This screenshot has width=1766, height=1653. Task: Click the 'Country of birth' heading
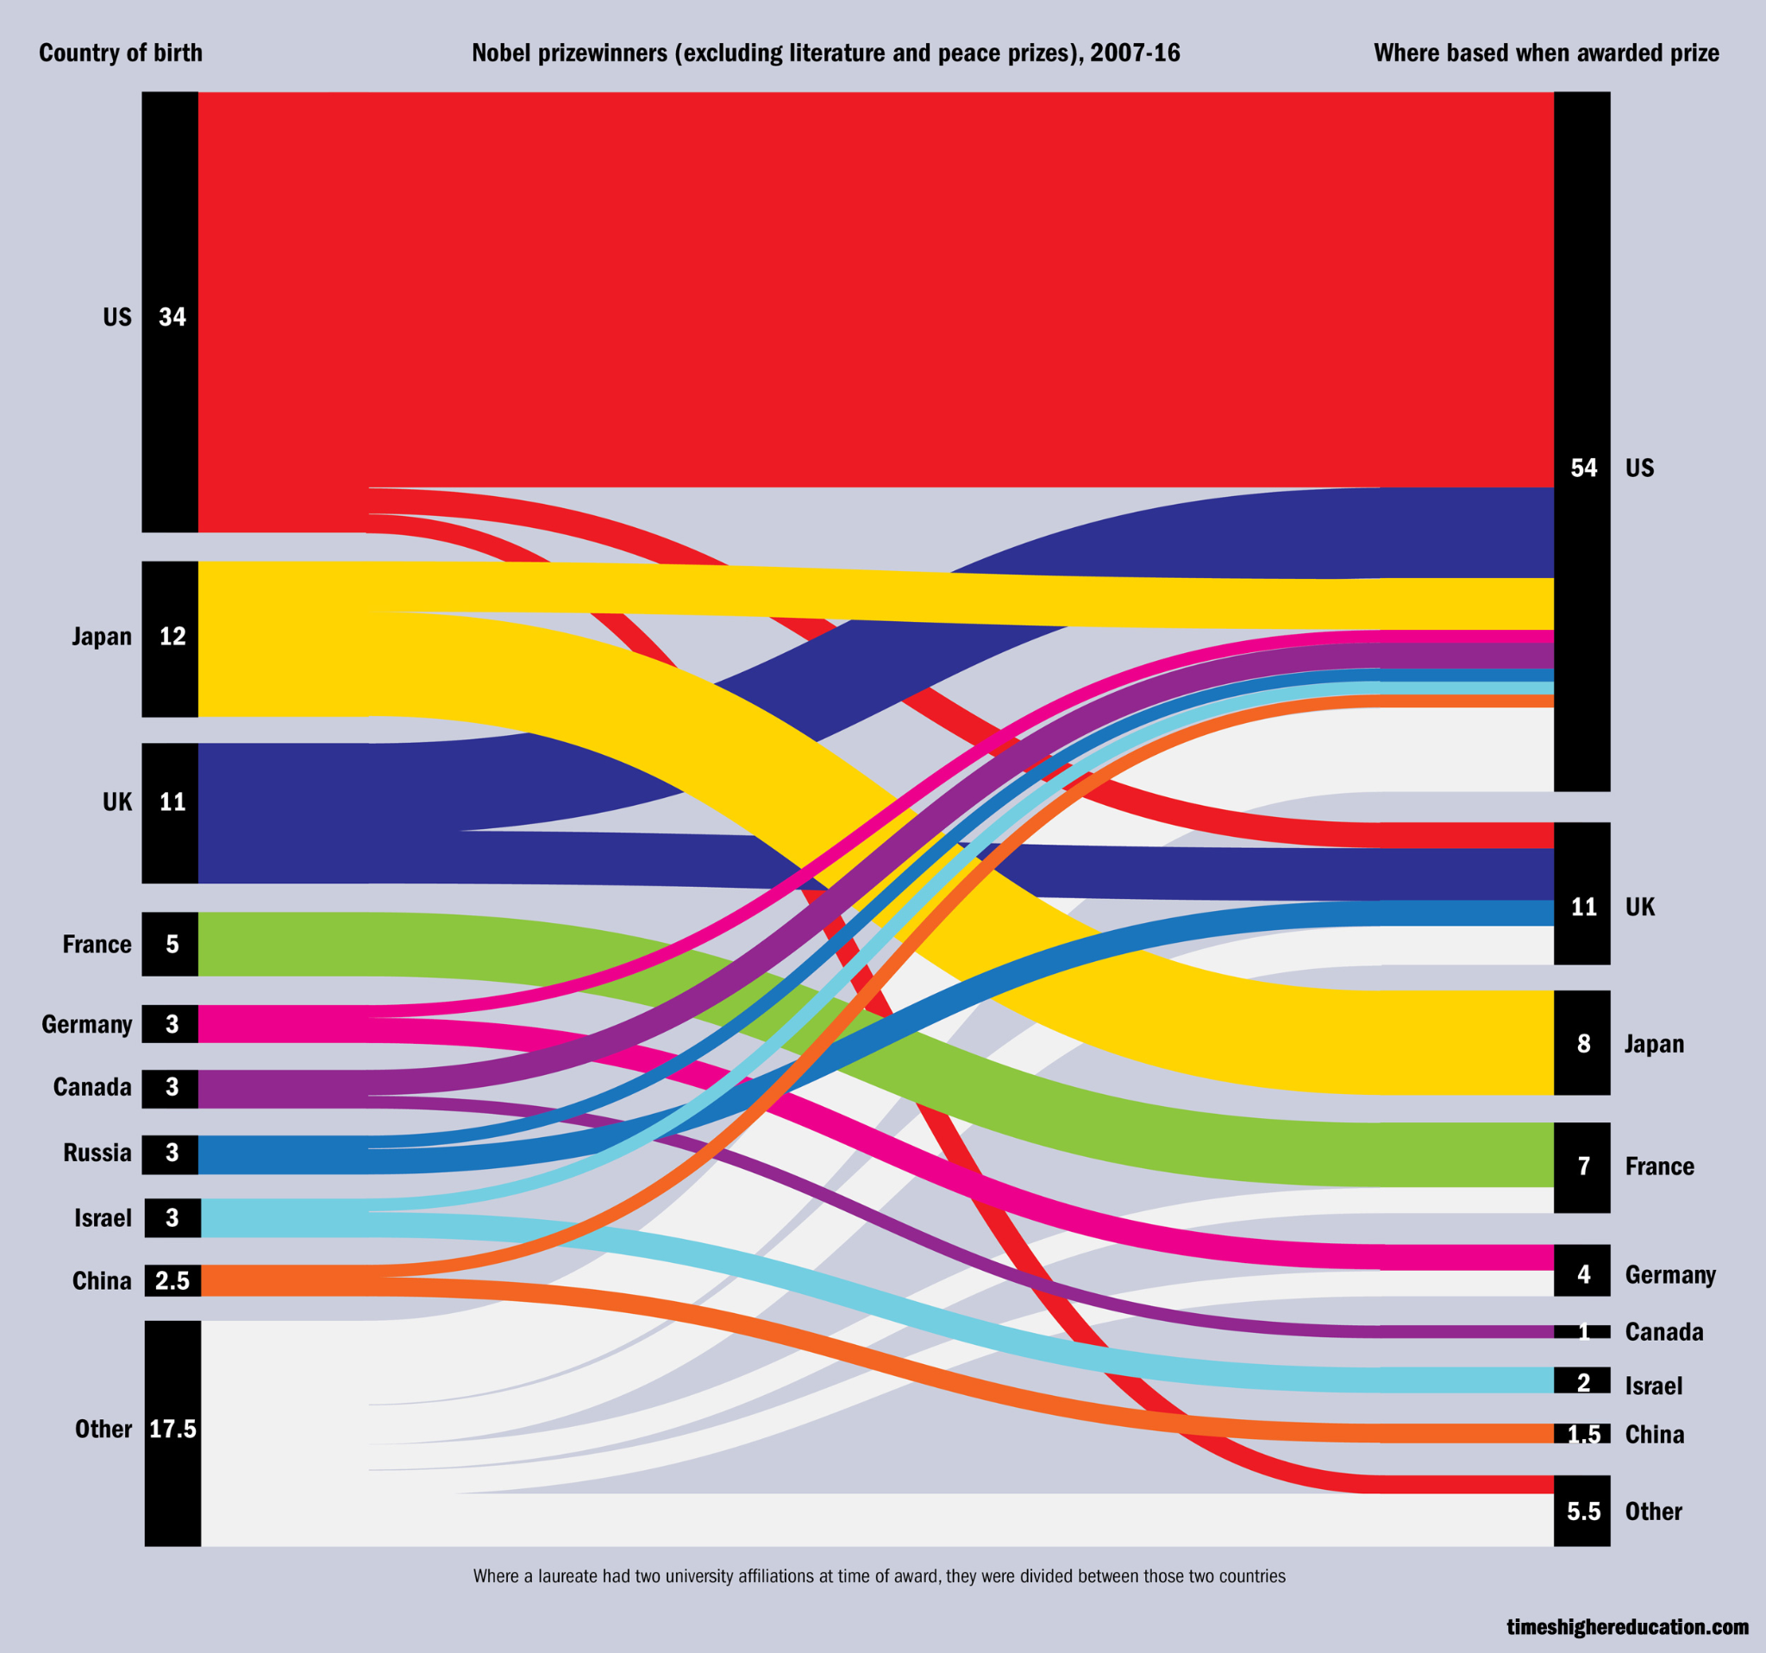point(121,53)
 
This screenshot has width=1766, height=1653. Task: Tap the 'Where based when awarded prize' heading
point(1546,53)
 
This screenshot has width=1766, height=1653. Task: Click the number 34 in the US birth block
point(172,317)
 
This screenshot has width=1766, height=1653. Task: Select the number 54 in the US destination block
point(1583,468)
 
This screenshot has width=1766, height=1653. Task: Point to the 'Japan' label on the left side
point(101,637)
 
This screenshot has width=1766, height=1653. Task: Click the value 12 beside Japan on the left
point(172,637)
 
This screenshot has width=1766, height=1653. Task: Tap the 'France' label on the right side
point(1659,1167)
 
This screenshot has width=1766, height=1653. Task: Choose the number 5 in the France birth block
point(172,944)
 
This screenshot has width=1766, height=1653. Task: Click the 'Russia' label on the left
point(97,1153)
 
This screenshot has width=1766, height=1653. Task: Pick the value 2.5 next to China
point(172,1280)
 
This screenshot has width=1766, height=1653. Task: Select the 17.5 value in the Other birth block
point(172,1429)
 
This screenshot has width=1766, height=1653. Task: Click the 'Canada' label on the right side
point(1664,1332)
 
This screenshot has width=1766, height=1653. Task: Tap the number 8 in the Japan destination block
point(1583,1043)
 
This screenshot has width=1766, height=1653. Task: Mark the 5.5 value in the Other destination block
point(1583,1512)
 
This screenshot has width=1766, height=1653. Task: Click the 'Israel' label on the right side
point(1653,1386)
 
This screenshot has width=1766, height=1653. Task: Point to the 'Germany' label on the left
point(86,1025)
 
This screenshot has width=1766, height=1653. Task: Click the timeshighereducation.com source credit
point(1627,1626)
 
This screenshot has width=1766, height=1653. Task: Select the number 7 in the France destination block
point(1583,1167)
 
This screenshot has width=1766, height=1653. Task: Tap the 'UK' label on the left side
point(117,802)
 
